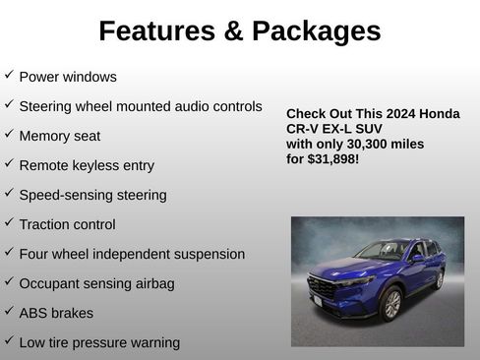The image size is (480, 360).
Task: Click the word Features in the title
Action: tap(154, 31)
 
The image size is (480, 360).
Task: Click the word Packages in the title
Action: tap(316, 31)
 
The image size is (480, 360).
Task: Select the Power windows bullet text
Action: tap(68, 77)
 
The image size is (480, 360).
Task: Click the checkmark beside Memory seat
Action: tap(9, 134)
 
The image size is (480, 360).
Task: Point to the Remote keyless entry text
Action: tap(87, 165)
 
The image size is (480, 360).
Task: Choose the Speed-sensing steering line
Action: tap(92, 195)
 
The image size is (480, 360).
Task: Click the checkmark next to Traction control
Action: tap(9, 222)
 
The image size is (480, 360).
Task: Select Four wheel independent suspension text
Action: tap(132, 254)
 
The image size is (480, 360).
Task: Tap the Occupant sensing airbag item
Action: tap(96, 283)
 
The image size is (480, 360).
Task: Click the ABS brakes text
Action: tap(56, 313)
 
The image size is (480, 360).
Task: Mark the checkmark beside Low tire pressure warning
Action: tap(9, 340)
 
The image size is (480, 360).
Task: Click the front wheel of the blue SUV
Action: tap(390, 304)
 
